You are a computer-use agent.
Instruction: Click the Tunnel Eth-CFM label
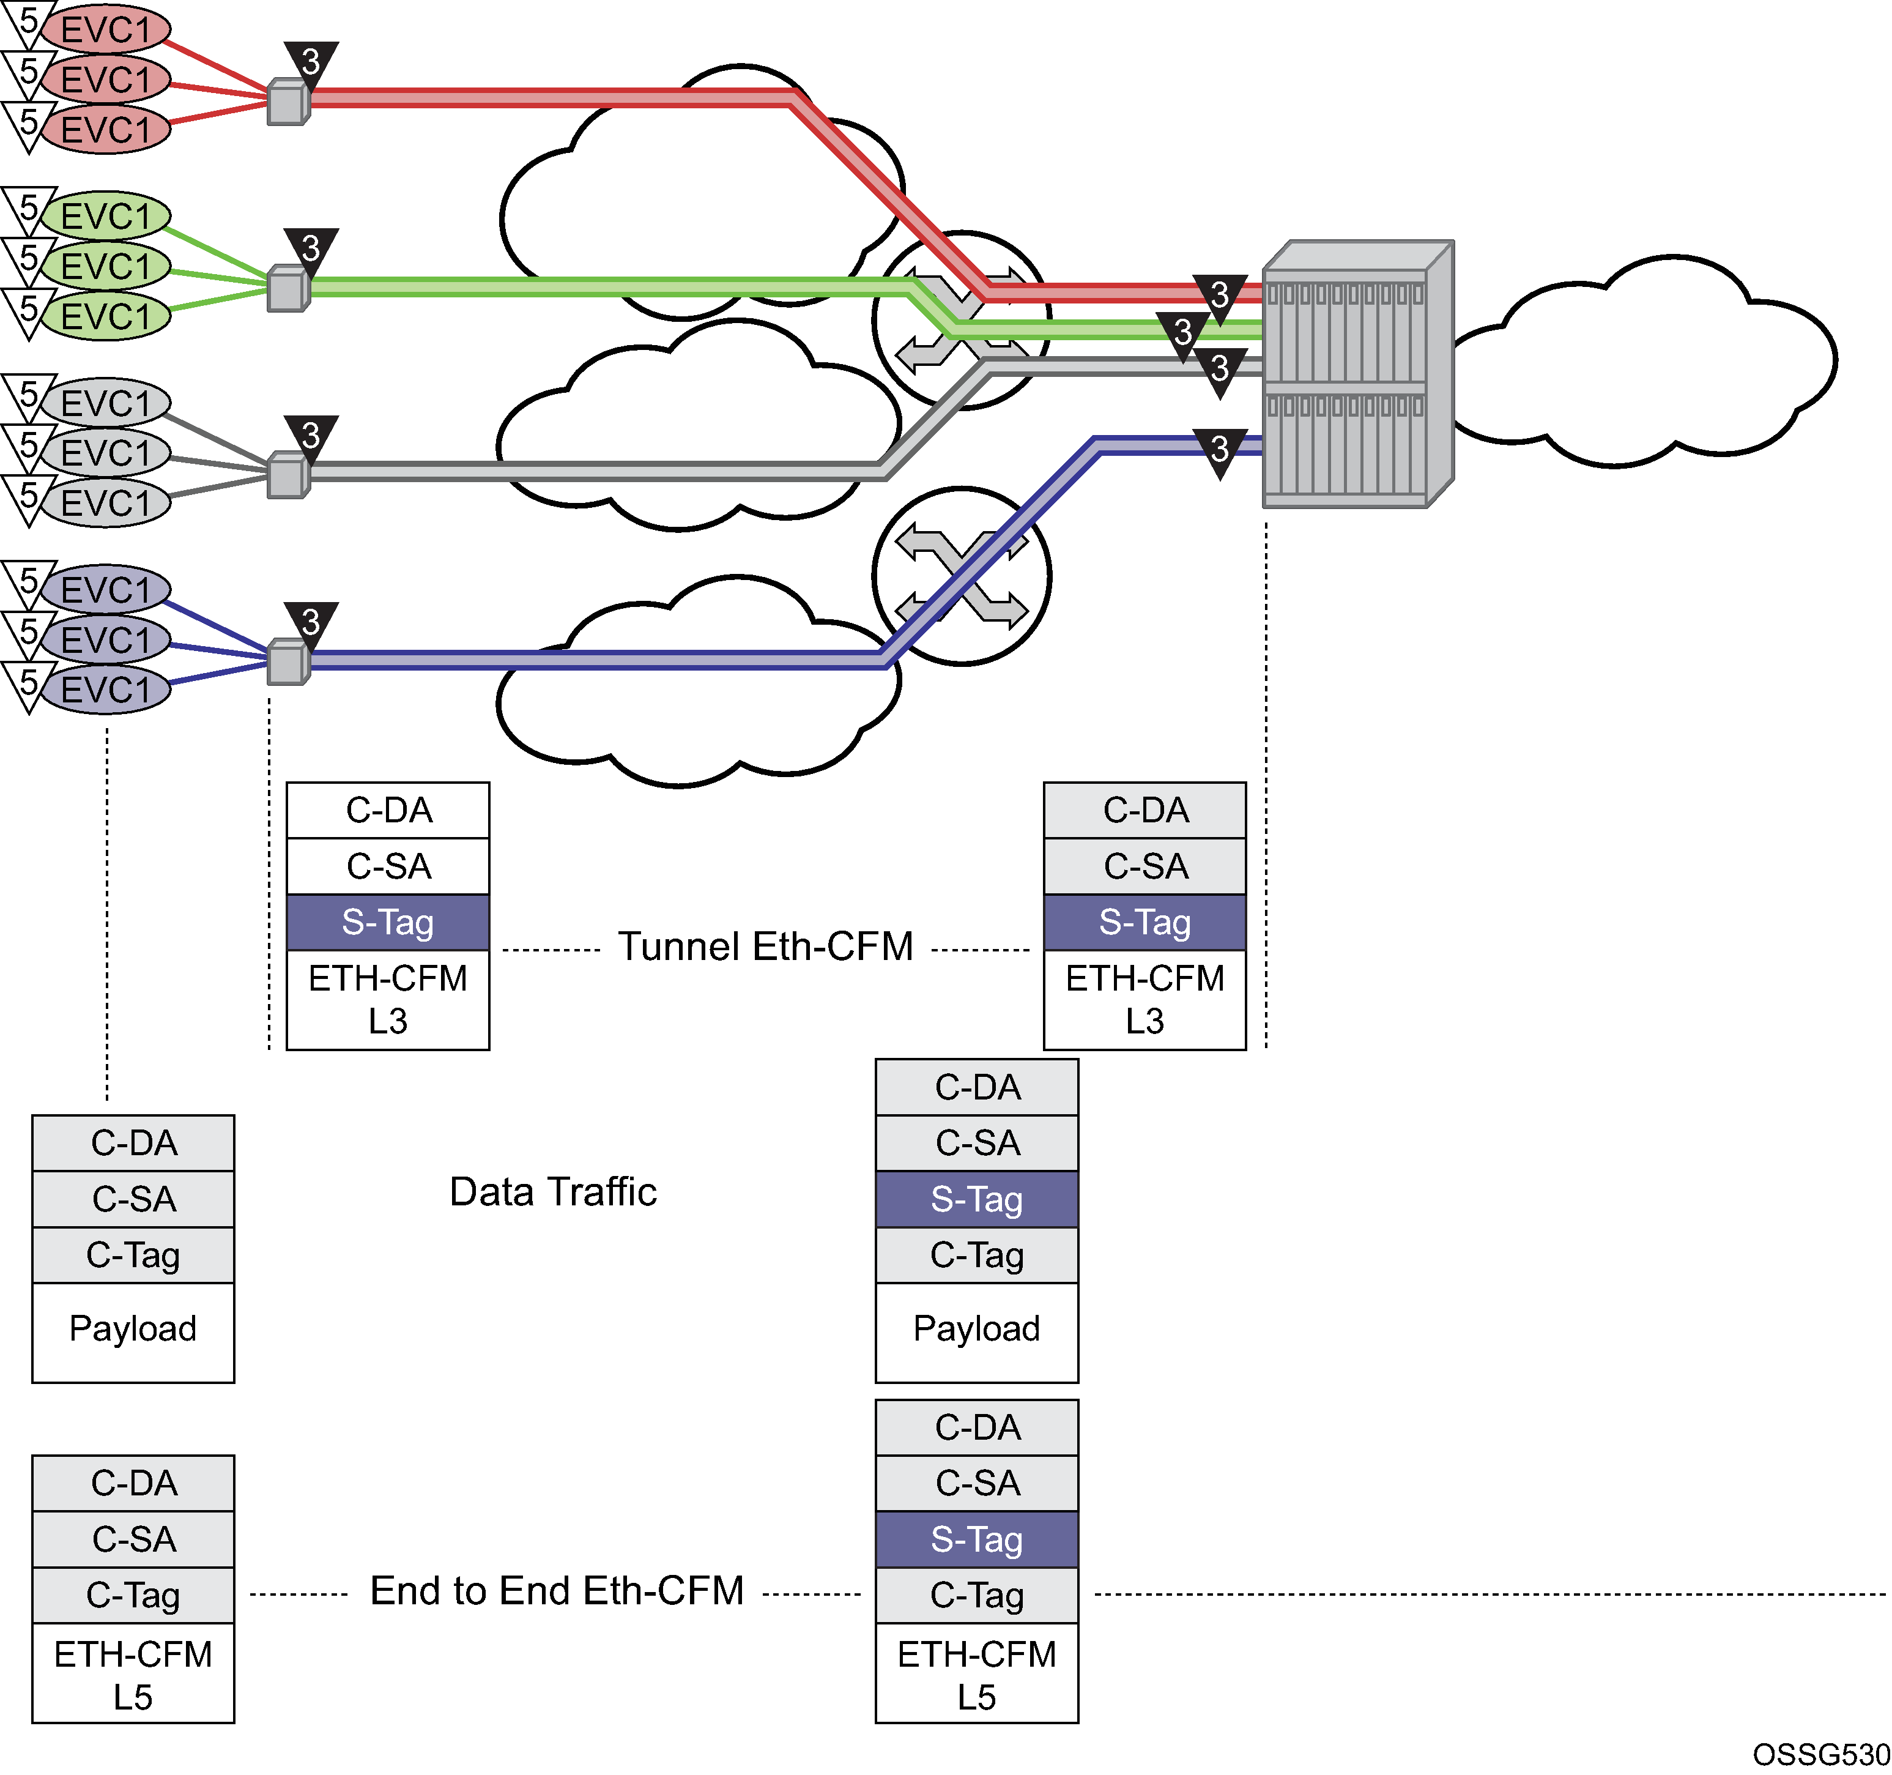765,947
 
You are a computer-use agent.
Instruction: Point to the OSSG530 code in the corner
1820,1754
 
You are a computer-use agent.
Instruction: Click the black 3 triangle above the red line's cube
311,63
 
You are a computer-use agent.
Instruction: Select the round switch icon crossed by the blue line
961,576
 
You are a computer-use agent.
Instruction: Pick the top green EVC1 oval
106,216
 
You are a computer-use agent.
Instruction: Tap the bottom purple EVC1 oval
106,689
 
